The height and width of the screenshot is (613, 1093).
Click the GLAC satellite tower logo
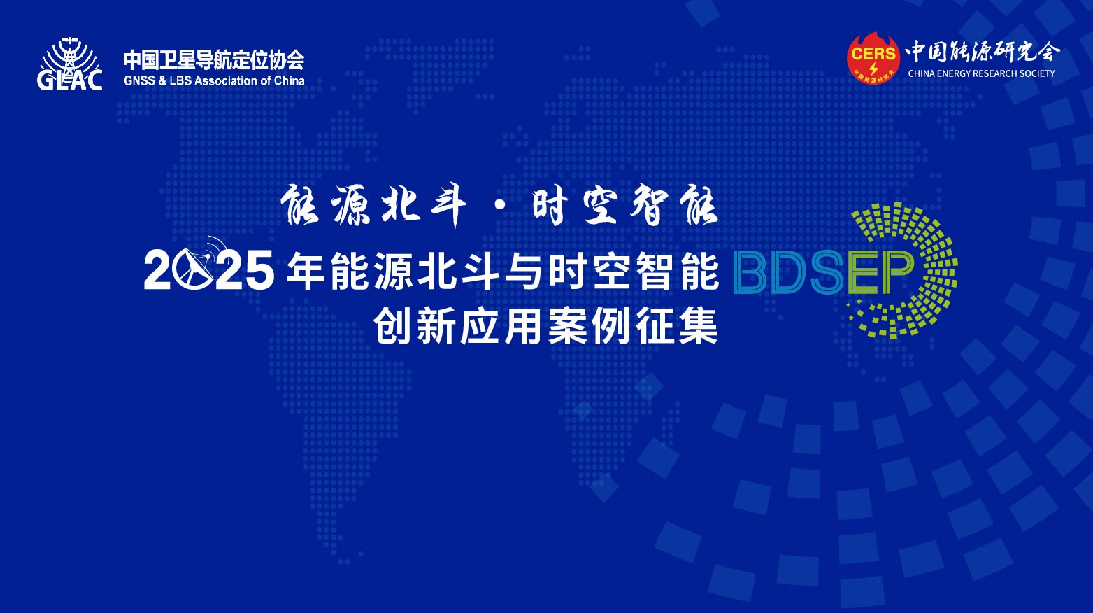70,64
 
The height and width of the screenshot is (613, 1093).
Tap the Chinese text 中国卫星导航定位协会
214,60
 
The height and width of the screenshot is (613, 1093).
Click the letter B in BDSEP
752,274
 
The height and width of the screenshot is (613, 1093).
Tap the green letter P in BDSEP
896,274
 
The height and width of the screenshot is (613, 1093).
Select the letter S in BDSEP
825,274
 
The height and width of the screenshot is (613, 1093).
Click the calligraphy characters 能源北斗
373,206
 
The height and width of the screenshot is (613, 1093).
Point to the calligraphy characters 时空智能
625,206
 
